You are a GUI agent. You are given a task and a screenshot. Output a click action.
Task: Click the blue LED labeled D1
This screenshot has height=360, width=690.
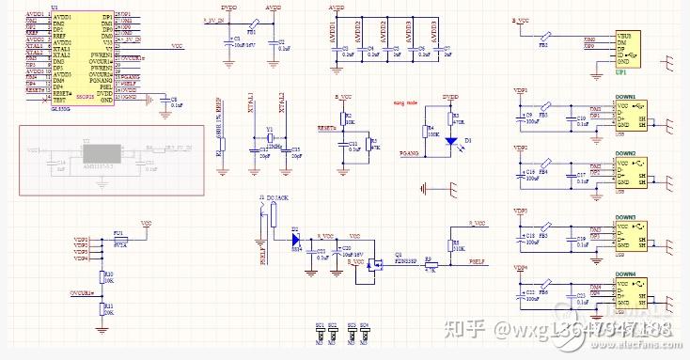pyautogui.click(x=450, y=141)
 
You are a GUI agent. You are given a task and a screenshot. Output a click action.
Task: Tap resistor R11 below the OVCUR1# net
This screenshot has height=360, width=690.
pyautogui.click(x=102, y=307)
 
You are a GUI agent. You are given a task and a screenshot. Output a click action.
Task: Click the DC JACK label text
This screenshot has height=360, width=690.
pyautogui.click(x=278, y=197)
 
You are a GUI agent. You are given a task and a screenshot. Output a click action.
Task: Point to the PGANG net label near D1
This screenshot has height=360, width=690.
pyautogui.click(x=408, y=151)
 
